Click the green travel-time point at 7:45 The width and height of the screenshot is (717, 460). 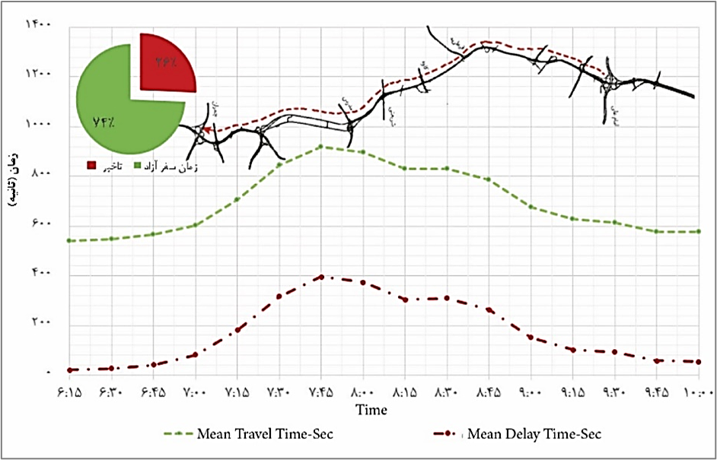[x=321, y=146]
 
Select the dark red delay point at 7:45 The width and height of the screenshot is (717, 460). [x=321, y=277]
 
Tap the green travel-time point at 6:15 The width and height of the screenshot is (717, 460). [x=70, y=240]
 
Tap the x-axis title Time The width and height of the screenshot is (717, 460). [x=371, y=410]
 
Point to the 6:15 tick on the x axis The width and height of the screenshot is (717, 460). [x=70, y=393]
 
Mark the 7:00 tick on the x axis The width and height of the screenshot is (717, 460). [x=196, y=393]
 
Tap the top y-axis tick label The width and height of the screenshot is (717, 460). [x=39, y=24]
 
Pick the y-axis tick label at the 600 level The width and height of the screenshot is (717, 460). [x=42, y=224]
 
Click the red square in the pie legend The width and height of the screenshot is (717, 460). [x=92, y=165]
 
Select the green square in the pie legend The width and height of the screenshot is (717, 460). [x=138, y=165]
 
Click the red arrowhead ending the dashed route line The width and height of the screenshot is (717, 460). [x=207, y=130]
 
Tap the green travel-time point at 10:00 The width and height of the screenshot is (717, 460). [x=699, y=231]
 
